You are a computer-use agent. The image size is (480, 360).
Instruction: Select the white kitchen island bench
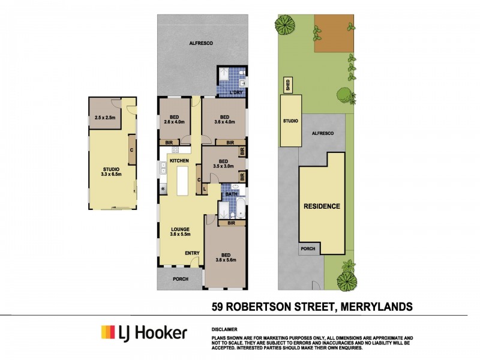coord(182,182)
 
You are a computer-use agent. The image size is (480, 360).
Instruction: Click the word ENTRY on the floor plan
coord(192,253)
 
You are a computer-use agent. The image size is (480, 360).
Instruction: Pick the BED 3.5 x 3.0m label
coord(222,164)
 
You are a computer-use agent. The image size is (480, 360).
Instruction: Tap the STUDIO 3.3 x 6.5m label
coord(112,172)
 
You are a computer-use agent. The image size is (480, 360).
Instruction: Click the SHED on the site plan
coord(287,86)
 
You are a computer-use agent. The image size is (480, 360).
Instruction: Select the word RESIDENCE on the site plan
coord(321,206)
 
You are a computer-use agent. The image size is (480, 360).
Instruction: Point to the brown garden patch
coord(334,34)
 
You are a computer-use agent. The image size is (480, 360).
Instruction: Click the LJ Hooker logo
coord(143,333)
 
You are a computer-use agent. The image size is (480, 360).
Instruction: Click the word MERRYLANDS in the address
coord(376,307)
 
